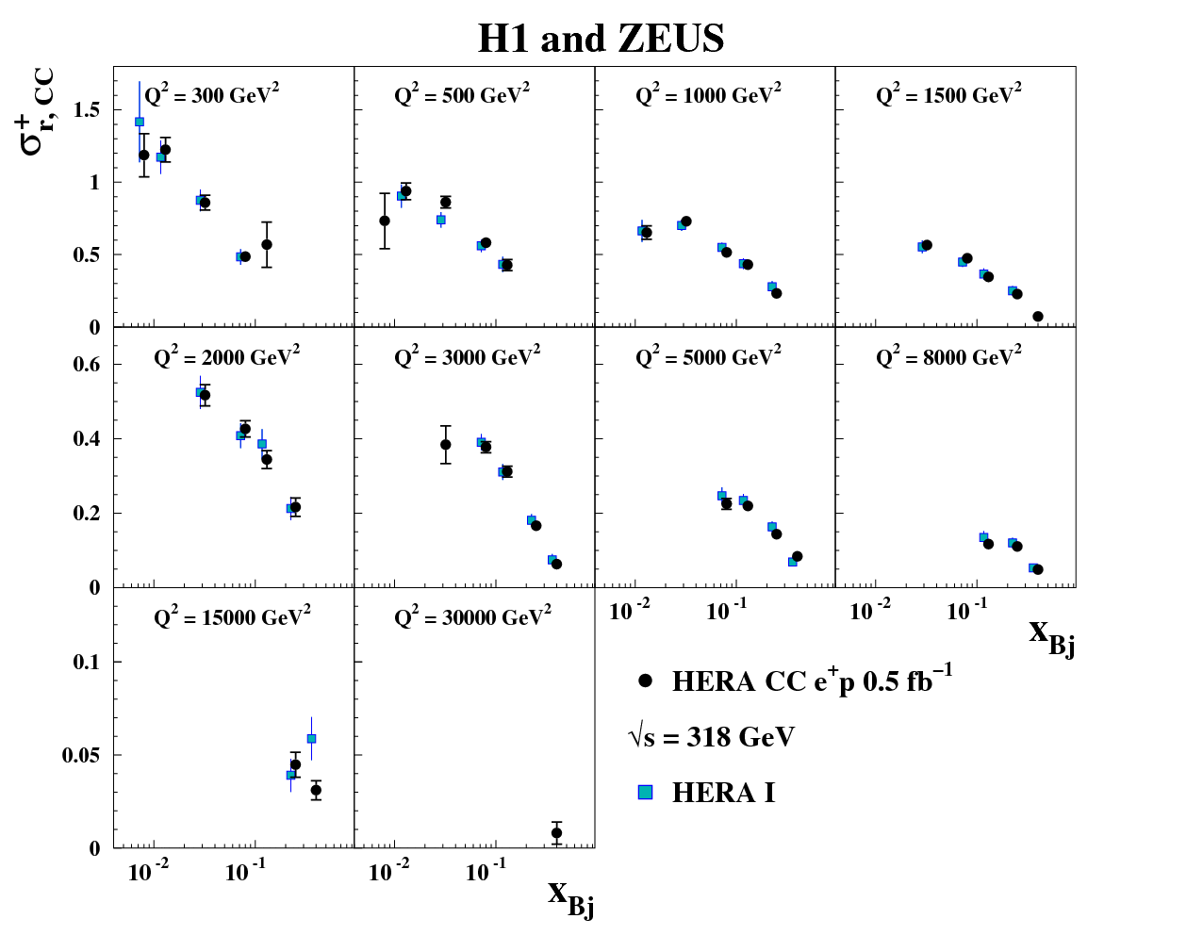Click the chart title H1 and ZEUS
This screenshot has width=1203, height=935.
[x=601, y=39]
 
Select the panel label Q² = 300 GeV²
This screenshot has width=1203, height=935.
[x=211, y=95]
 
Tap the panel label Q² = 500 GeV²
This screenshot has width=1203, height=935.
[x=462, y=95]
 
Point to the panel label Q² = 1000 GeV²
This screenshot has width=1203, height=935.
[x=708, y=95]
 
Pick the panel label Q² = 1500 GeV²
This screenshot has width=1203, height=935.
[x=948, y=95]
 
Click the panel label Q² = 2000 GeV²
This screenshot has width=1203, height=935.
[x=227, y=357]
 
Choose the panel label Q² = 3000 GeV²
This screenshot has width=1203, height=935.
[x=468, y=357]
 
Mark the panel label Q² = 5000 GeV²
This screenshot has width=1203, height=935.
[x=708, y=357]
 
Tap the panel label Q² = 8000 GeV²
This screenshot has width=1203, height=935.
[x=948, y=357]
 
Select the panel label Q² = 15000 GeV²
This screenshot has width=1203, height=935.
[x=232, y=617]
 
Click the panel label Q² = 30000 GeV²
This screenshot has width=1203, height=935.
[x=472, y=617]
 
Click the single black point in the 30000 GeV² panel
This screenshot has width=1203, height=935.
[x=556, y=833]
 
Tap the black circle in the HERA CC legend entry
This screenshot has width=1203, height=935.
[x=646, y=681]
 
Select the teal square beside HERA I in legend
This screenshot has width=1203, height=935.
[x=646, y=793]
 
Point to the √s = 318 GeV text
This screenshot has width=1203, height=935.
[x=712, y=736]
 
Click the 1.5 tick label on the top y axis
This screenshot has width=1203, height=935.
[x=87, y=110]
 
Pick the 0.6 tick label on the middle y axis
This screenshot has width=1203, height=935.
[x=87, y=365]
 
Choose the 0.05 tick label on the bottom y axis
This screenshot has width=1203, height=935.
[x=81, y=756]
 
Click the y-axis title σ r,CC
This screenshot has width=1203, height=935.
[x=38, y=111]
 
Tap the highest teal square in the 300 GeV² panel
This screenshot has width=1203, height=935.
[x=140, y=122]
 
